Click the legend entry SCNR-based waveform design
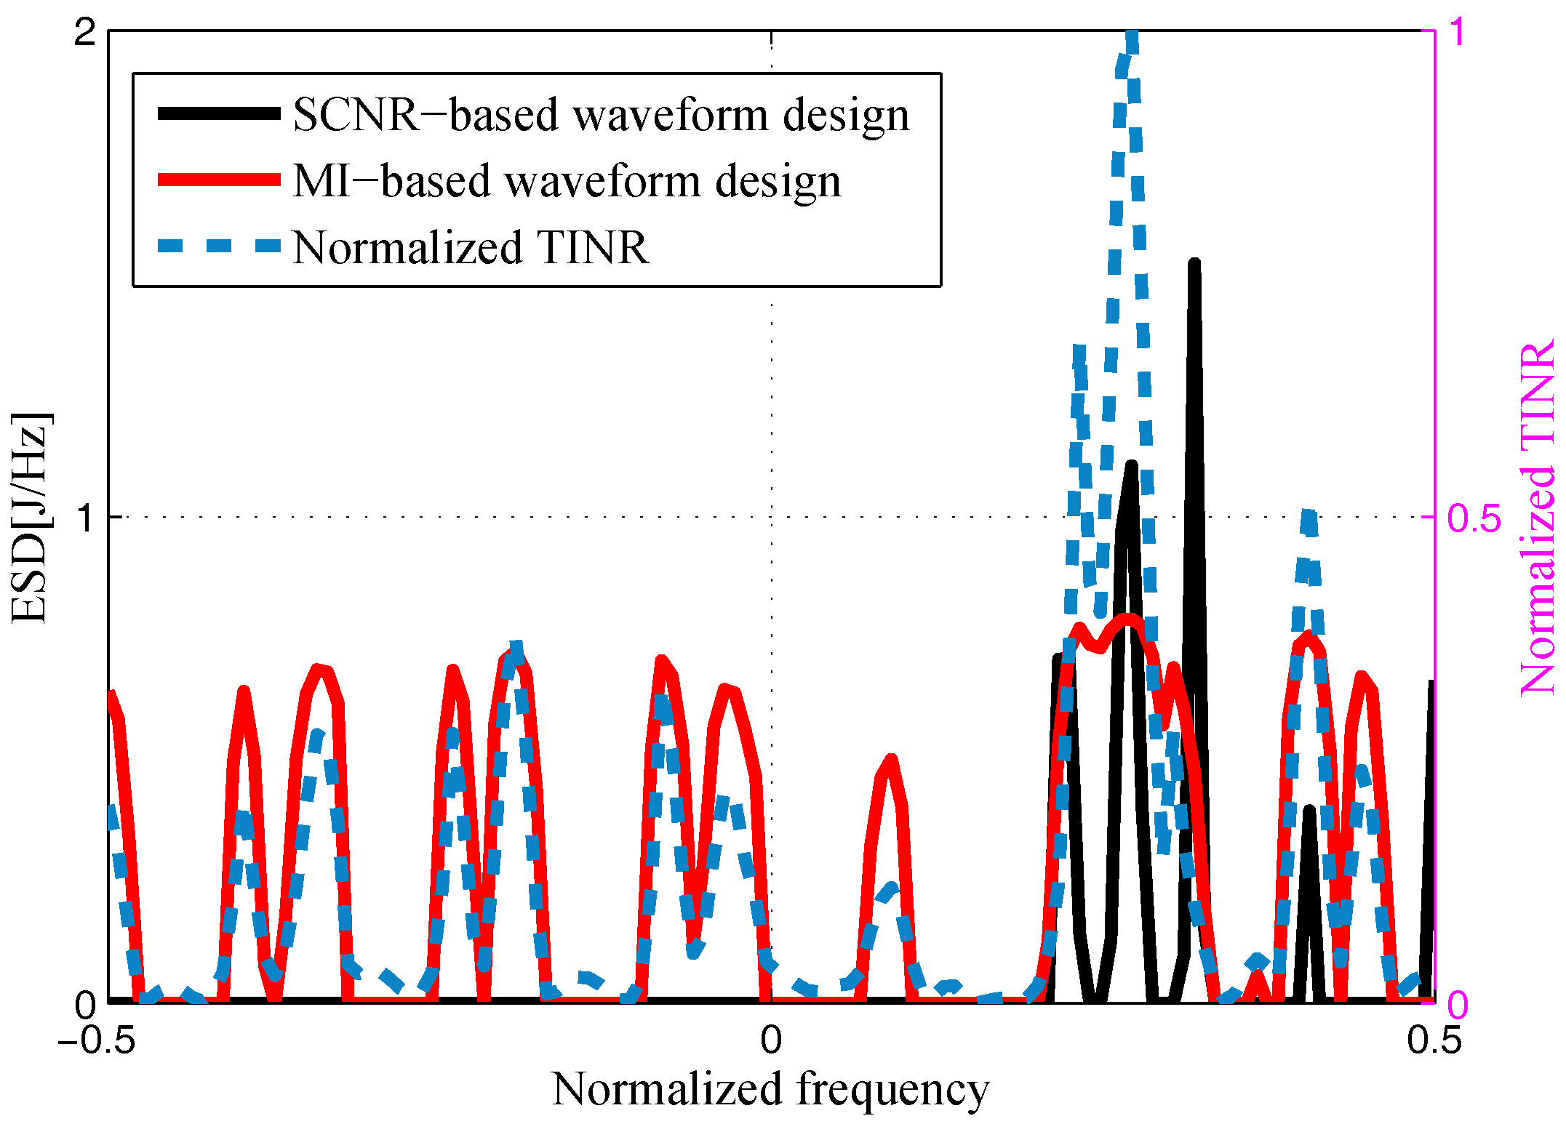click(601, 115)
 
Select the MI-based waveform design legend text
click(567, 181)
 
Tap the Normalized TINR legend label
click(471, 247)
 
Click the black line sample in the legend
click(219, 113)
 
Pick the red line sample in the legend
click(219, 180)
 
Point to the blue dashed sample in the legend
click(219, 246)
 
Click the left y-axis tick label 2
click(85, 33)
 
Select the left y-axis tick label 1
click(87, 518)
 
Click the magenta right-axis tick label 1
click(1458, 33)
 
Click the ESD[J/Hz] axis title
click(31, 518)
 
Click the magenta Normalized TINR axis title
click(1537, 518)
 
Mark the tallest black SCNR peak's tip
click(1194, 263)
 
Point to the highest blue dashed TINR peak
click(1130, 36)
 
